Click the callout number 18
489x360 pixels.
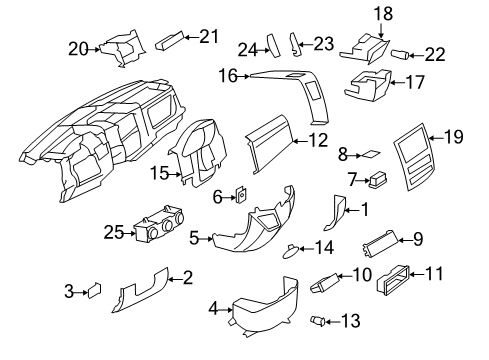pos(384,13)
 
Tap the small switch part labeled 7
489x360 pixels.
pos(377,180)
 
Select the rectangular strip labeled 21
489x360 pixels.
pos(169,39)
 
